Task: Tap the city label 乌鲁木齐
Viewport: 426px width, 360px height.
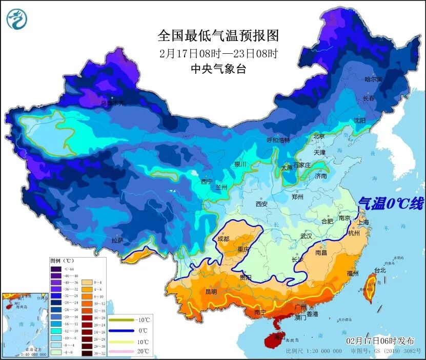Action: [x=112, y=103]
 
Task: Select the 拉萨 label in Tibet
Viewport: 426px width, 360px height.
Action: [x=117, y=240]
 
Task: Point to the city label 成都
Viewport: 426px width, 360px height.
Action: [x=224, y=238]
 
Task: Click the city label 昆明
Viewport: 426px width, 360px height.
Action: [x=211, y=291]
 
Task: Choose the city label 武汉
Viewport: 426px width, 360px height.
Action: [x=306, y=236]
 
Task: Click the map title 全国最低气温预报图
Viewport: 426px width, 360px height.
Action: [x=218, y=35]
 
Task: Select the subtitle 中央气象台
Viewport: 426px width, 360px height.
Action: [x=218, y=69]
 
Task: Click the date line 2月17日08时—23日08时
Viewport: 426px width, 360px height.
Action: [x=218, y=53]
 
